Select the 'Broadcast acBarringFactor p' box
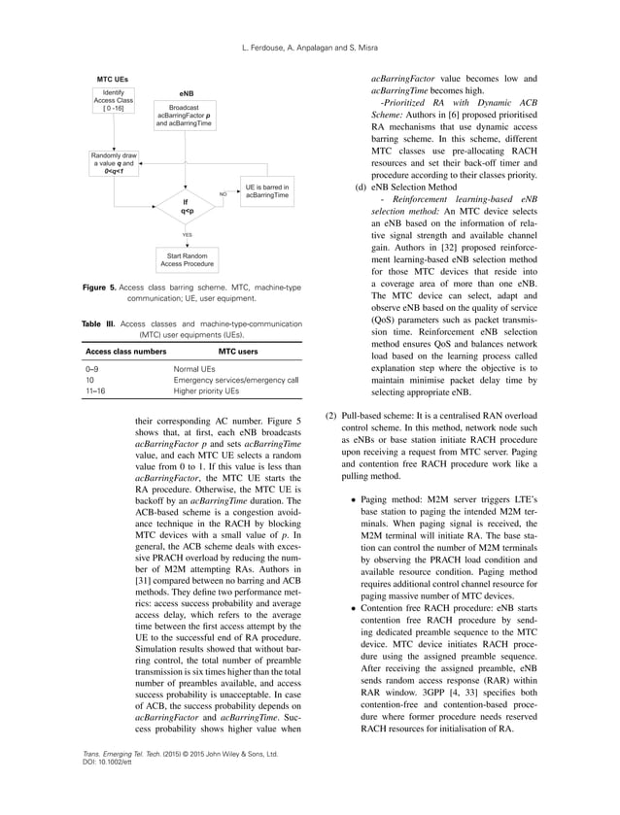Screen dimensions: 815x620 185,117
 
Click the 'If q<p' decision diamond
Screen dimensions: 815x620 185,205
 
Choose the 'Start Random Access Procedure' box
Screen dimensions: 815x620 185,259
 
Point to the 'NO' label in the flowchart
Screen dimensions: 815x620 223,194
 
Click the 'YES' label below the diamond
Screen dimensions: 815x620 186,234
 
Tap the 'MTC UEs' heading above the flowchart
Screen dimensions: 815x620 112,77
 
